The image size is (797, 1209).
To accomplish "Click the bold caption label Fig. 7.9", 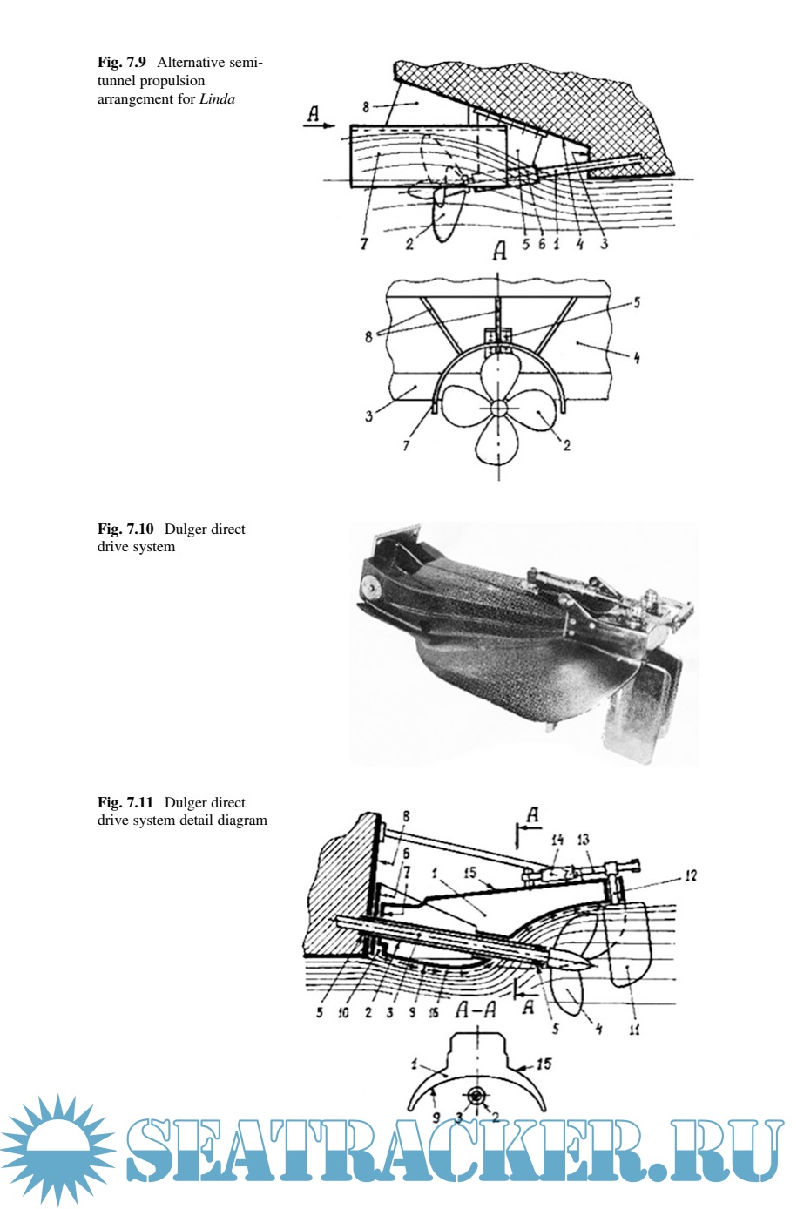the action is point(121,63).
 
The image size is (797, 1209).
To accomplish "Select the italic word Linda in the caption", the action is point(217,99).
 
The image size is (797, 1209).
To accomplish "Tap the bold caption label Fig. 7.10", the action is point(125,529).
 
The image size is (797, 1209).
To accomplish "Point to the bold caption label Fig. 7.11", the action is point(125,802).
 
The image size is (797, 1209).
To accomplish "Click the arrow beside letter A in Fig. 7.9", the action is point(319,125).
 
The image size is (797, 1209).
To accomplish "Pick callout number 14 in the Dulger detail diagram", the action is point(557,840).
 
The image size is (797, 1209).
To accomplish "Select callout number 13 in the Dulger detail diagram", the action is point(583,840).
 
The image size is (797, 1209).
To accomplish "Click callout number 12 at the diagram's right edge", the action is point(690,875).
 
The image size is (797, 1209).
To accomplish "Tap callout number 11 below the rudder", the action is point(635,1030).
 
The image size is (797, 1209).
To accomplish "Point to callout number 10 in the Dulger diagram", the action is point(343,1013).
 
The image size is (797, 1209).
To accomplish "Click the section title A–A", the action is point(476,1010).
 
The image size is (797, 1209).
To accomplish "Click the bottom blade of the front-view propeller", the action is point(498,442).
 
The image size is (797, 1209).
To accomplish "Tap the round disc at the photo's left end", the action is point(369,585).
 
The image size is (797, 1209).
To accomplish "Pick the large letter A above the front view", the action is point(500,252).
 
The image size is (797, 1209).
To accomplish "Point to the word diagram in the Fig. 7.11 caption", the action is point(242,821).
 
